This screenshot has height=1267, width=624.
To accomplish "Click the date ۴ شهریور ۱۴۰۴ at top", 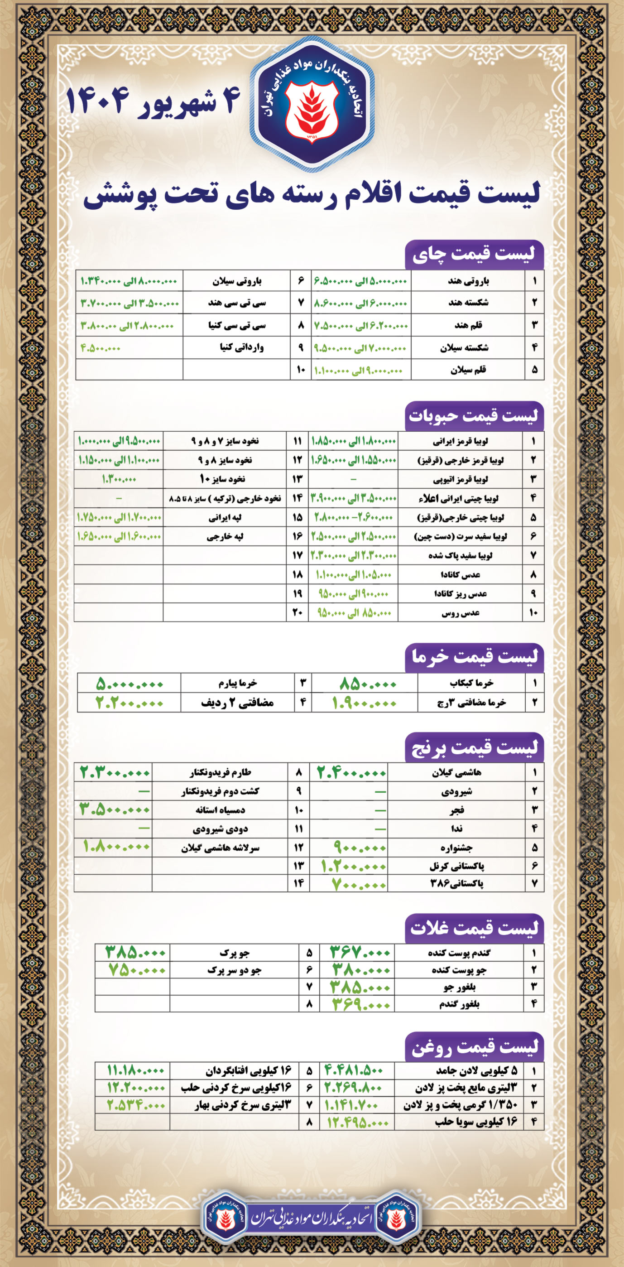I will pos(153,101).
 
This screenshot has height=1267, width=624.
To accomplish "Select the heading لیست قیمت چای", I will pos(474,254).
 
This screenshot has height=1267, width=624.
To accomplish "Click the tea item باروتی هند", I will pos(468,281).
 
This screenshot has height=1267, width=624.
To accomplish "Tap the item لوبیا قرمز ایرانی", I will pos(462,441).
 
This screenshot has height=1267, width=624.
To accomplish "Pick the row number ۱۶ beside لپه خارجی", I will pos(298,536).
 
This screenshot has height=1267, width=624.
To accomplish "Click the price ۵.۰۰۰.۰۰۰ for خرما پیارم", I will pos(130,683).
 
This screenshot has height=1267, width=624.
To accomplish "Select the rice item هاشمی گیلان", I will pos(456,773).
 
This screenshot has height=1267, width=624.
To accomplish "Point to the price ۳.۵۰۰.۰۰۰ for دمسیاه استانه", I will pos(115,809).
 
